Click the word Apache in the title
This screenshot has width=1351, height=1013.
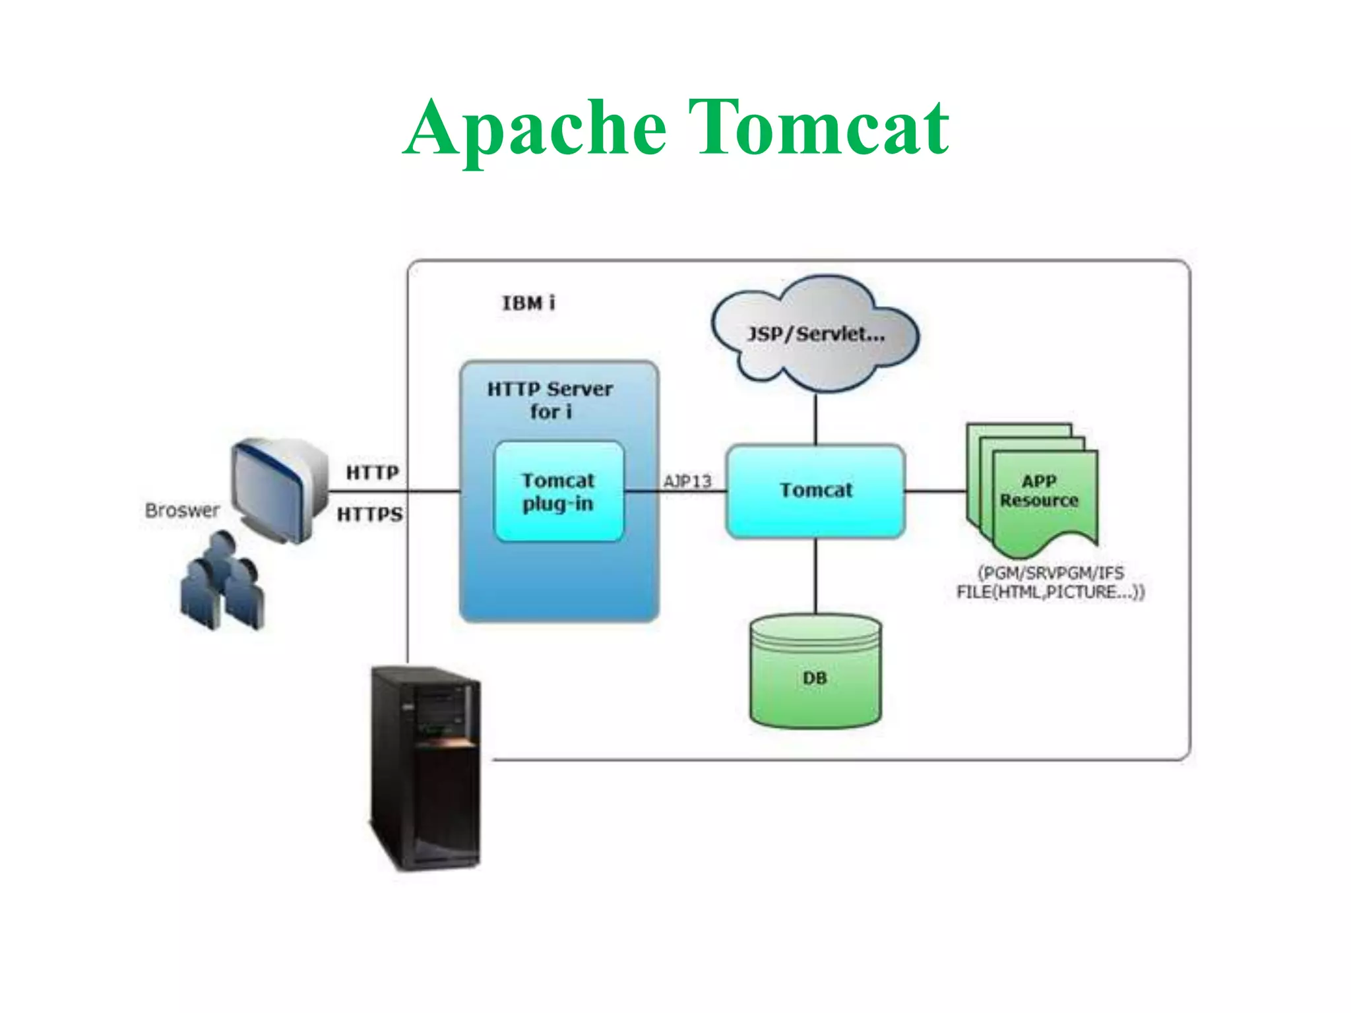point(534,129)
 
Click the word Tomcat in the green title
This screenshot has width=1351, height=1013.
point(818,129)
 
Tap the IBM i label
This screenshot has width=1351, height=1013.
point(528,303)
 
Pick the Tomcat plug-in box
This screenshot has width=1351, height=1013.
point(559,492)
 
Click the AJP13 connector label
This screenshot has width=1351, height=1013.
point(687,481)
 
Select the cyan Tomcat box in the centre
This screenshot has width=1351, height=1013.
point(815,490)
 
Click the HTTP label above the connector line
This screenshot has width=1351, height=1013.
point(372,472)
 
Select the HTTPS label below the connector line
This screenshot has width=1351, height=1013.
point(370,514)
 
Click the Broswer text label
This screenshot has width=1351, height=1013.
point(182,510)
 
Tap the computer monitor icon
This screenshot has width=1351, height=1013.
point(280,488)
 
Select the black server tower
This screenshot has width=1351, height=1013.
point(424,768)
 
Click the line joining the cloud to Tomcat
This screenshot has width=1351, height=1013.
point(815,419)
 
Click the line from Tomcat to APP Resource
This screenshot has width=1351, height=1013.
point(935,491)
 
